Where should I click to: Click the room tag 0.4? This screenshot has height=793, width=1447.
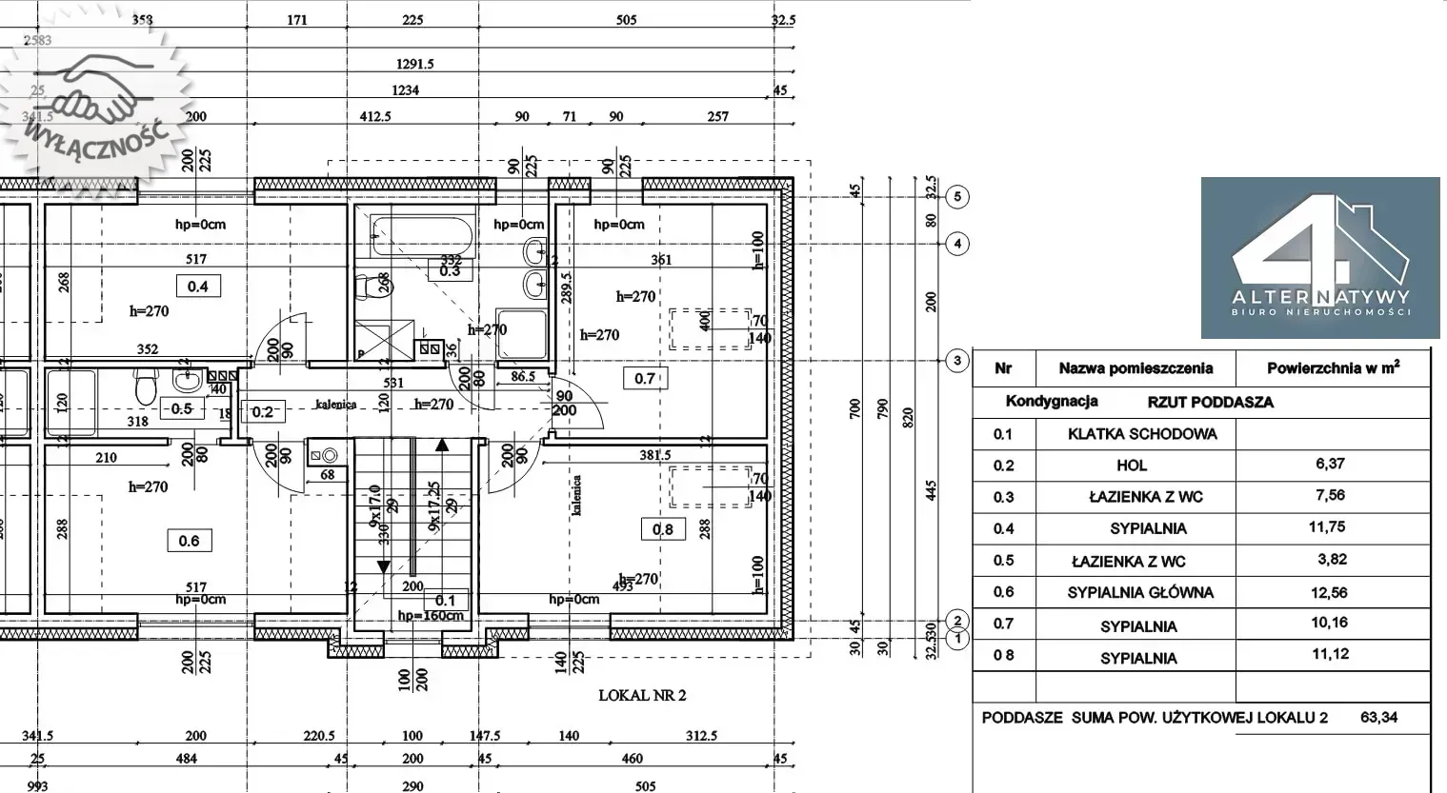point(197,286)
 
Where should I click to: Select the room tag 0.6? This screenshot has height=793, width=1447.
point(189,541)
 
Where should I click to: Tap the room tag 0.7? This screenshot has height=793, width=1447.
point(645,378)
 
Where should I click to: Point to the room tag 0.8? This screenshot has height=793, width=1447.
point(663,529)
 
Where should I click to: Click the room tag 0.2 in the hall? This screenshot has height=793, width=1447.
point(262,411)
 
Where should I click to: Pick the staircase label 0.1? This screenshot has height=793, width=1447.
point(445,600)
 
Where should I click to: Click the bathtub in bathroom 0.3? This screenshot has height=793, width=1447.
point(422,234)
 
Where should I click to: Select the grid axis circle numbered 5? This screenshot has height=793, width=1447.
point(957,197)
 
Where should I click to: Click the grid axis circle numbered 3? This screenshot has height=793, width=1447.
point(957,361)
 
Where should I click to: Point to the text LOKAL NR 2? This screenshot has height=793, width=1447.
point(642,695)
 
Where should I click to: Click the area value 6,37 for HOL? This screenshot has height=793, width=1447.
point(1330,464)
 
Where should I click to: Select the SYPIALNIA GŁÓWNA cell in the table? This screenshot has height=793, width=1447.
point(1140,592)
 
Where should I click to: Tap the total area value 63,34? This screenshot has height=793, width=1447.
point(1378,717)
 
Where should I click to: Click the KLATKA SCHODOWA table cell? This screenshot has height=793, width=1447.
point(1141,434)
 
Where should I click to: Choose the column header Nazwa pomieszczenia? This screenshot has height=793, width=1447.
point(1135,368)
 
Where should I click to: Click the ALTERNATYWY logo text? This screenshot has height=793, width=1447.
point(1319,296)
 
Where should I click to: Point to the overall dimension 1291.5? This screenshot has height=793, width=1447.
point(415,64)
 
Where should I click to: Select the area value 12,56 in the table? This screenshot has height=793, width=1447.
point(1330,592)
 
